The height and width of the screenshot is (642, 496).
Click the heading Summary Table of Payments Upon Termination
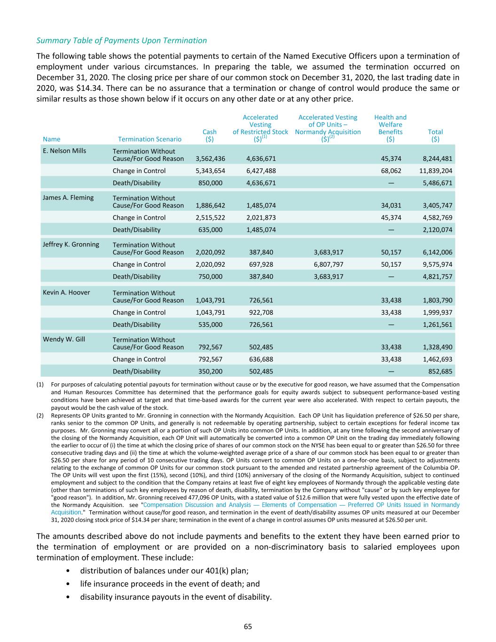(121, 40)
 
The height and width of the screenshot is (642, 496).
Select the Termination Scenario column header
(150, 139)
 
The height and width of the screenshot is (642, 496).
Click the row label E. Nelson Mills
(64, 151)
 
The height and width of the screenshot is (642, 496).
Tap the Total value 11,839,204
(436, 171)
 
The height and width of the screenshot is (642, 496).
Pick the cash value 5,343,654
(210, 171)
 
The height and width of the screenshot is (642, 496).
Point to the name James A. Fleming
(68, 198)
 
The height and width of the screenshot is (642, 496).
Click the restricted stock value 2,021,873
(261, 218)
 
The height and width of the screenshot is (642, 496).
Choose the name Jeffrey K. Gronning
(71, 245)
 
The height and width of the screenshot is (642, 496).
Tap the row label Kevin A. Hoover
(66, 293)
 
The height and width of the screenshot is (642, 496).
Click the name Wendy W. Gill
(64, 339)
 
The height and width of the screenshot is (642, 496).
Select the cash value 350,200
(211, 372)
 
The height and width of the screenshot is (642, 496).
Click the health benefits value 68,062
(392, 171)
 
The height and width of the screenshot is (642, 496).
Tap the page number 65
(248, 626)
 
